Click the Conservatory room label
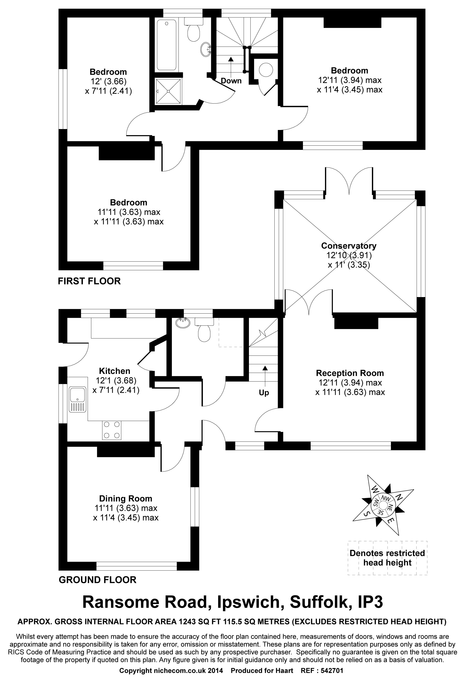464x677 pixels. [x=348, y=246]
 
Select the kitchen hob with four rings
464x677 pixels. [x=112, y=430]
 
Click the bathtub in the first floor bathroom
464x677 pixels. [x=166, y=45]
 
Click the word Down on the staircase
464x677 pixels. [x=231, y=81]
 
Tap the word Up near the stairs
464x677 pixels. [x=264, y=393]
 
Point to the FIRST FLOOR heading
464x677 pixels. [x=89, y=281]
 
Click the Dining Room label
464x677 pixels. [x=126, y=499]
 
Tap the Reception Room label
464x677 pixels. [x=350, y=373]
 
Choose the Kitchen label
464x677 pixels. [x=114, y=371]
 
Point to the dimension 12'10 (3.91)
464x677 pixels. [x=349, y=255]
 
